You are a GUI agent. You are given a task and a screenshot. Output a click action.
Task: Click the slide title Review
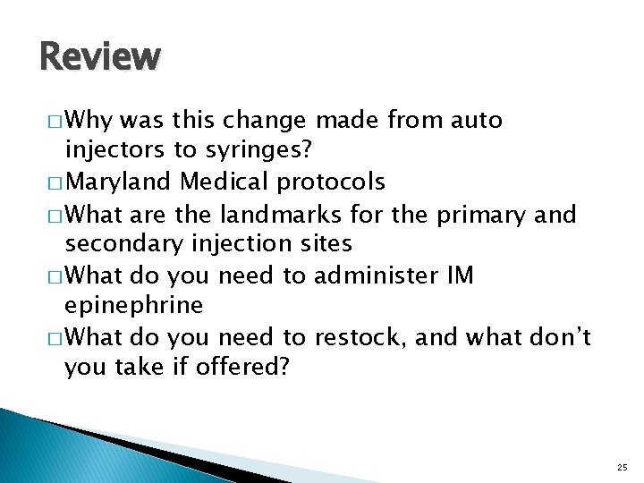pyautogui.click(x=100, y=56)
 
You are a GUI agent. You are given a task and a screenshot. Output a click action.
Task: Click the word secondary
pyautogui.click(x=120, y=243)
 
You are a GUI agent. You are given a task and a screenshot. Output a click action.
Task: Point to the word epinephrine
pyautogui.click(x=134, y=306)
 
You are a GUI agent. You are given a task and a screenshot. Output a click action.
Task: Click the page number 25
pyautogui.click(x=622, y=467)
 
